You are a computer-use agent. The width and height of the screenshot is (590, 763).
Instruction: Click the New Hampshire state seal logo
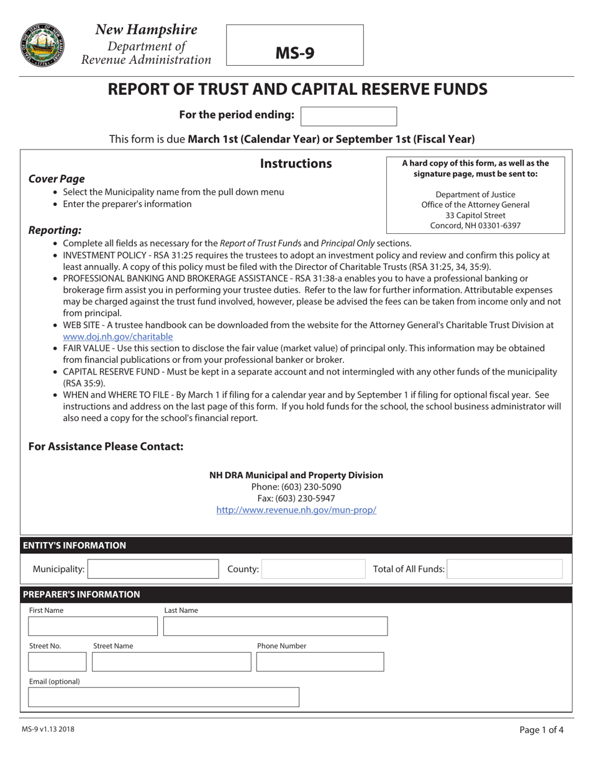click(42, 45)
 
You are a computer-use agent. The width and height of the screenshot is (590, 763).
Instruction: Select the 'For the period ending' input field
click(348, 116)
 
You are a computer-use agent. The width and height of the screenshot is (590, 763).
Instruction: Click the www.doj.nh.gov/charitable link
click(117, 337)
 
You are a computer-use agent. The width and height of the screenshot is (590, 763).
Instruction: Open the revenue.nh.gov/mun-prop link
click(296, 510)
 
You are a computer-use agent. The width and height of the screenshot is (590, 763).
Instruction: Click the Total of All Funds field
click(504, 569)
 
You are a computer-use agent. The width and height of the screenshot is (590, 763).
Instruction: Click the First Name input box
click(93, 627)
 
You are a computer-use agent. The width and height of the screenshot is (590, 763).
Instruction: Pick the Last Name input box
click(275, 627)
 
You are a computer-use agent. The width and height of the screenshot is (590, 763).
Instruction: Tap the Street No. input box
click(57, 662)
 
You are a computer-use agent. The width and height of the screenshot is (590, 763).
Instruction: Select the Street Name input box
click(171, 662)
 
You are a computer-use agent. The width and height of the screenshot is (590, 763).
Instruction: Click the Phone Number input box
click(320, 662)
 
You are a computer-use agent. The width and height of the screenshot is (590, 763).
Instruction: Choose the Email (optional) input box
click(163, 697)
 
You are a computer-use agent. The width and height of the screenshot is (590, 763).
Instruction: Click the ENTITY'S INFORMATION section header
click(75, 545)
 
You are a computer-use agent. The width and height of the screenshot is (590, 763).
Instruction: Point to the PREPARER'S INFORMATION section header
click(81, 594)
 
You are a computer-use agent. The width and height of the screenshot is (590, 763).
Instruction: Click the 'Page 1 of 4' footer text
click(542, 730)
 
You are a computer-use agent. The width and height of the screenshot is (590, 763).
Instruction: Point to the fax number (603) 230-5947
click(296, 498)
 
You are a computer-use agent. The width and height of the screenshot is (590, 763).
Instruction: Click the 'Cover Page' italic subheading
click(57, 179)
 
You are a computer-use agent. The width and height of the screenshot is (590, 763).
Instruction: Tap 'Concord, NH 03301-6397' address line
click(475, 226)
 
